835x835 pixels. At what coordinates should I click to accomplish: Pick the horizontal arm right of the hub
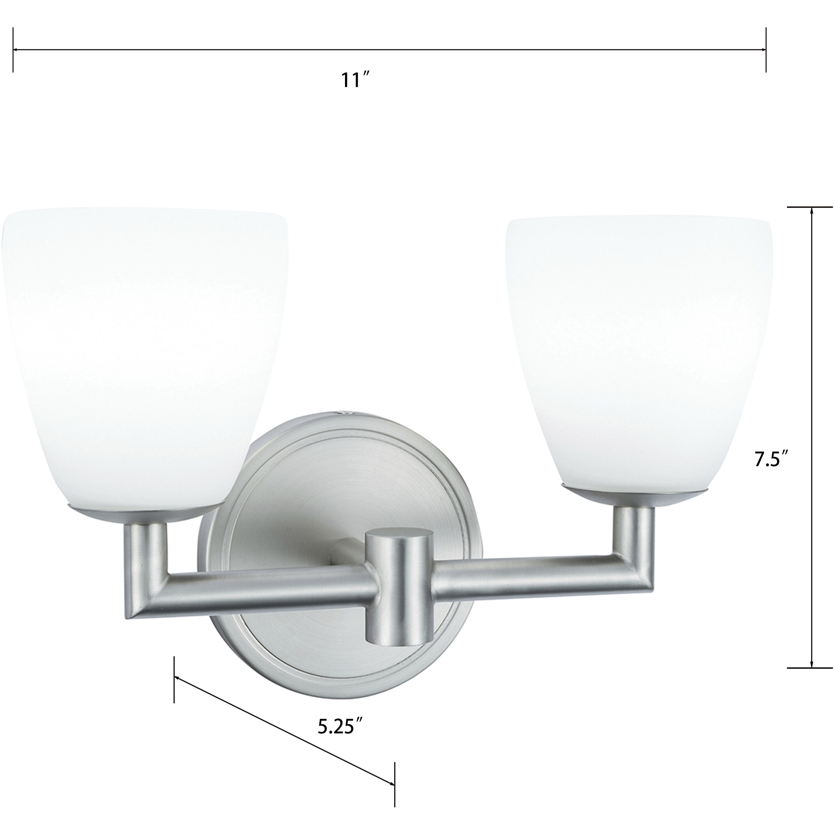(519, 579)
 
